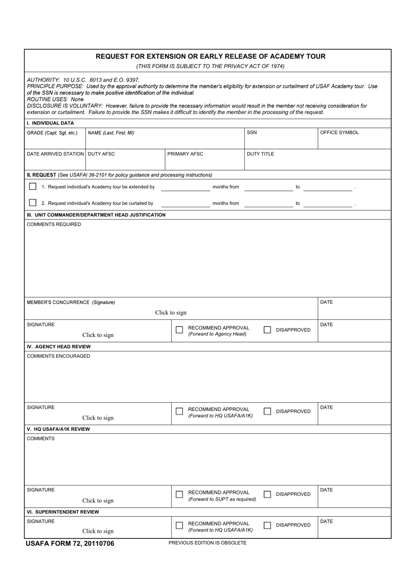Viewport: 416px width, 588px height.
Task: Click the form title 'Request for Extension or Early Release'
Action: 210,57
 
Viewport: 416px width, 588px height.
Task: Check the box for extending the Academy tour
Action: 32,187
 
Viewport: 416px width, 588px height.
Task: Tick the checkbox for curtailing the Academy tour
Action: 32,203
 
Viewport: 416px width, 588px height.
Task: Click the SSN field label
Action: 252,132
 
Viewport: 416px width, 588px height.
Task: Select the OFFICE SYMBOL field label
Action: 339,132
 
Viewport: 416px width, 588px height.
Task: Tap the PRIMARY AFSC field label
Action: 185,154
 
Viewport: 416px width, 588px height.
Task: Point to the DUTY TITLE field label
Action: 261,154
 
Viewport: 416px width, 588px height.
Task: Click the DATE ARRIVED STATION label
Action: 55,154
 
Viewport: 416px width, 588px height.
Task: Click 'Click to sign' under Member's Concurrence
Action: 171,312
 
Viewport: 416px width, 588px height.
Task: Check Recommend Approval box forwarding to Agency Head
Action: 179,330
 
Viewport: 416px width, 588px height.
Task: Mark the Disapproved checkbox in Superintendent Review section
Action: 267,525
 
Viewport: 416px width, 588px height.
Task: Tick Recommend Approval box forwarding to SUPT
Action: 179,494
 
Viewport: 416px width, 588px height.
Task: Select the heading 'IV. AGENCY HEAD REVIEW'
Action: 59,347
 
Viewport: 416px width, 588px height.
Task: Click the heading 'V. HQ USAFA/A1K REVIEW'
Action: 58,429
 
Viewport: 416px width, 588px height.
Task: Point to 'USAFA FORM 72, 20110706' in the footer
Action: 70,544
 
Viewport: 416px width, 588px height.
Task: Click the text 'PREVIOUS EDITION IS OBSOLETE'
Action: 208,543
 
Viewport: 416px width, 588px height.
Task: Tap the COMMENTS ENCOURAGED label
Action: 58,356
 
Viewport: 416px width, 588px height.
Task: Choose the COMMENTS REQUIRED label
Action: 54,224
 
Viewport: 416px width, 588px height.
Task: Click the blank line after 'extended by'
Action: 186,188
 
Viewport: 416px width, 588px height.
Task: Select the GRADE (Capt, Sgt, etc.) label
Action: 52,133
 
